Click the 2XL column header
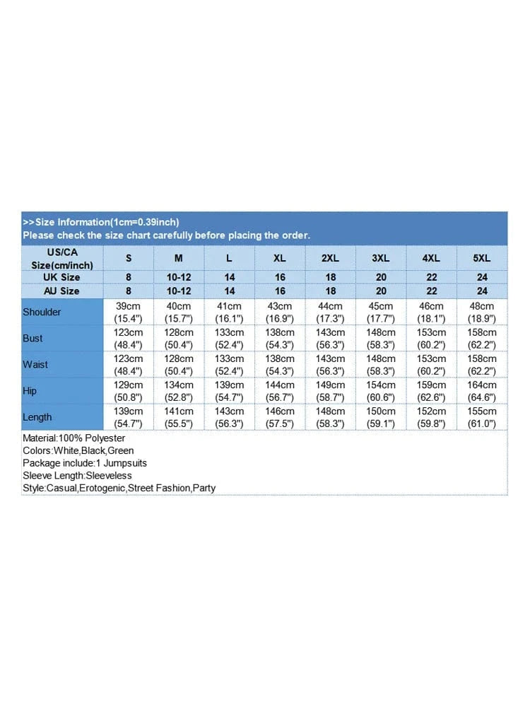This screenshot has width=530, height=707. (x=330, y=258)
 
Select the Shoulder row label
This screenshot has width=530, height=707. (x=42, y=312)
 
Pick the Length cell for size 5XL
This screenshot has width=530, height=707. (x=481, y=417)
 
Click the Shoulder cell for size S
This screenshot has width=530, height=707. (x=129, y=312)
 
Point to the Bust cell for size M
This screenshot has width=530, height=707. (x=179, y=338)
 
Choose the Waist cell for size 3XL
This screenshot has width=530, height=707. (x=381, y=364)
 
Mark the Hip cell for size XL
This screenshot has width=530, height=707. (x=280, y=390)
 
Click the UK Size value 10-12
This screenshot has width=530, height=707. (x=179, y=277)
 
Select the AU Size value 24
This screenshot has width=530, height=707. (x=482, y=291)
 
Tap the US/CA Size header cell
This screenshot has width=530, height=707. (x=63, y=258)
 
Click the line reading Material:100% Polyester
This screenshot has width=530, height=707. (x=73, y=438)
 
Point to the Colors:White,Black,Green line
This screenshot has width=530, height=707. (x=78, y=450)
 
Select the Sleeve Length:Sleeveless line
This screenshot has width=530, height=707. (x=77, y=475)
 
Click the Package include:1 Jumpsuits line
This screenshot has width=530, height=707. (x=85, y=463)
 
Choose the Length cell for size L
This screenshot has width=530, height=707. (x=229, y=417)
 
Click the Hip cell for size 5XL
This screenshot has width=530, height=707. (x=481, y=390)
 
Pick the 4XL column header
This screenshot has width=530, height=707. (x=431, y=258)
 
